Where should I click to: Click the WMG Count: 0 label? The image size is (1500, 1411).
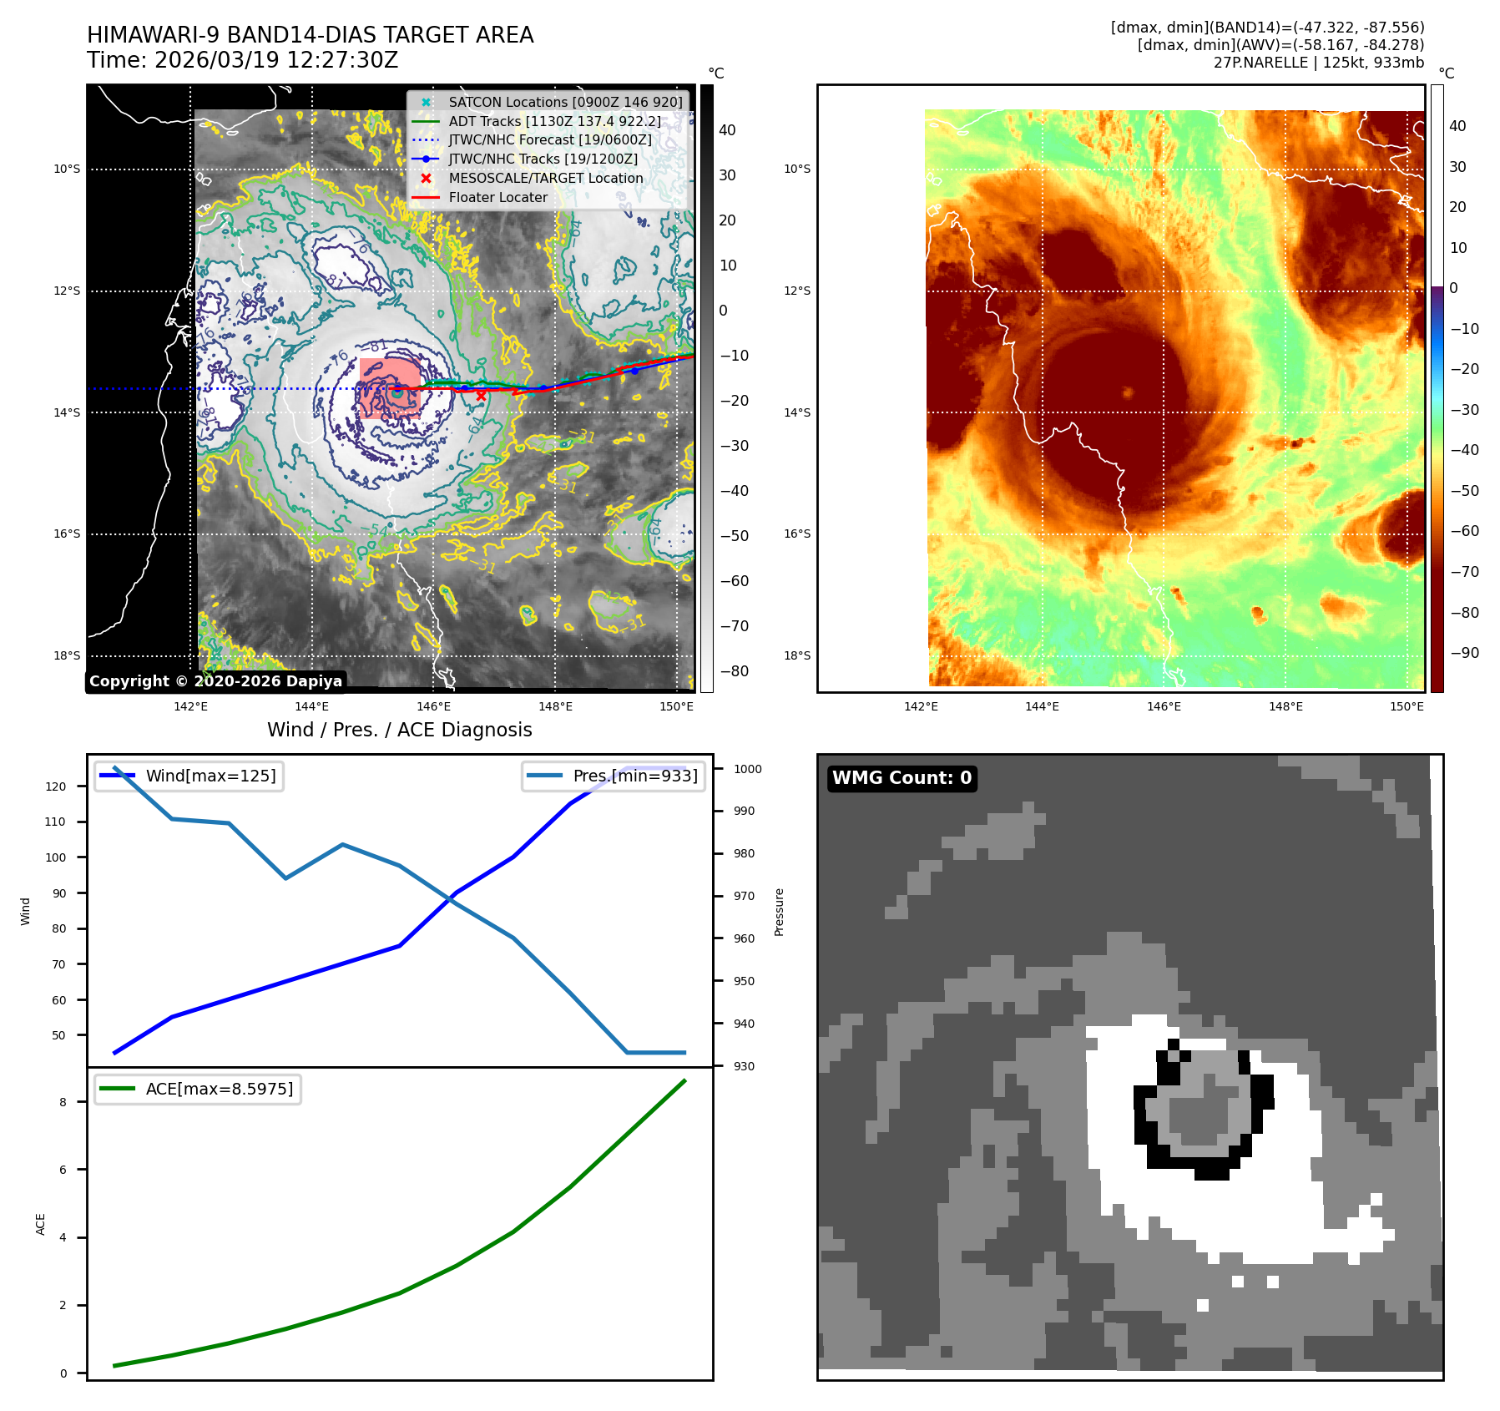(902, 778)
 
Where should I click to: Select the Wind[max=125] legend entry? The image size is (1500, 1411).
(210, 776)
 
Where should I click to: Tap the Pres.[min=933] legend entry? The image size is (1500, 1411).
(634, 776)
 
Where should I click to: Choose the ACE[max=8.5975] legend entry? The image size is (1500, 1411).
(219, 1089)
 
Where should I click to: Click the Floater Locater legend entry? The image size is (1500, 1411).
(497, 198)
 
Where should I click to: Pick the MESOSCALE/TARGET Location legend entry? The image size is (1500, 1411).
(545, 179)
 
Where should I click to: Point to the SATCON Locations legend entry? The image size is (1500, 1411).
(564, 102)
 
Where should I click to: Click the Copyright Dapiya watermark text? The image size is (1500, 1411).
(215, 681)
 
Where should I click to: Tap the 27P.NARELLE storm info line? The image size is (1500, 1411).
(1318, 63)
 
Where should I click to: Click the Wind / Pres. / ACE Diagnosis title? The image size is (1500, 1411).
(399, 730)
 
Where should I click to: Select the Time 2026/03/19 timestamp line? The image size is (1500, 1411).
(242, 61)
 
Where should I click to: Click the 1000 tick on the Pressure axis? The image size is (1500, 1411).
(748, 769)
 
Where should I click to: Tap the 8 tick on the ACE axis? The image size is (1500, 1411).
(63, 1102)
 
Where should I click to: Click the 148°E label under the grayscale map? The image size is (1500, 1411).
(555, 706)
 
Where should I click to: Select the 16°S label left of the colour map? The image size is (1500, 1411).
(797, 534)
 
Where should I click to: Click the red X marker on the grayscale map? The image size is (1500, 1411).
(481, 396)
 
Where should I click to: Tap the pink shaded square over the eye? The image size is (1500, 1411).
(390, 388)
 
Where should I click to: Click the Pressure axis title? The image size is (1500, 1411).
(779, 912)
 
